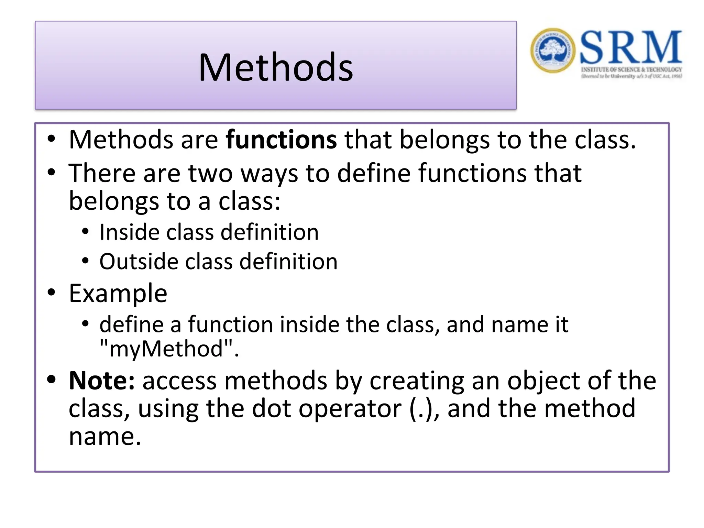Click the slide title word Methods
click(276, 67)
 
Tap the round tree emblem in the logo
click(552, 51)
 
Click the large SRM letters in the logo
click(630, 47)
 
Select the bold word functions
click(281, 140)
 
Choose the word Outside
click(138, 262)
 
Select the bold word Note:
click(102, 381)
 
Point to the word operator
click(350, 409)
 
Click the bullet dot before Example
click(51, 293)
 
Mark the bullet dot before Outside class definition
click(85, 261)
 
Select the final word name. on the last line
click(105, 437)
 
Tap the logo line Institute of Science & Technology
click(631, 70)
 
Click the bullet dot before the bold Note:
click(51, 379)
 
